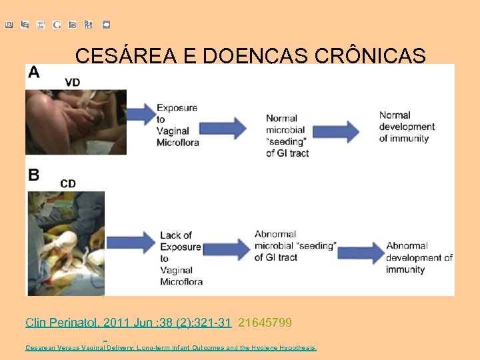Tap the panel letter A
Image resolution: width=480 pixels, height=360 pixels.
pos(33,73)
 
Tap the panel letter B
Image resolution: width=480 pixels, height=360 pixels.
pos(33,175)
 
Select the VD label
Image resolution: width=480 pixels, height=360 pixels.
pos(73,83)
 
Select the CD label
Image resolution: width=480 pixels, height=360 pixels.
pos(68,183)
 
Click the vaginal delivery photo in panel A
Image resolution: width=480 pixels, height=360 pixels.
pos(75,123)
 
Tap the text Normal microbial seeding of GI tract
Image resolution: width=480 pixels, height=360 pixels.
pos(287,135)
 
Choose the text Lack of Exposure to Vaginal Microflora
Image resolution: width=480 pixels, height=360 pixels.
pos(181,259)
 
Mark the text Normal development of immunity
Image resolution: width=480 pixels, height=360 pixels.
pos(407,127)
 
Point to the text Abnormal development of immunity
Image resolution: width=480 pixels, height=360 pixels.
pos(419,258)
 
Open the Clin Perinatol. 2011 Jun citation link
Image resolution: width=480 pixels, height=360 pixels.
pos(128,323)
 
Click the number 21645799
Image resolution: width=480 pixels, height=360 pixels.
pos(265,323)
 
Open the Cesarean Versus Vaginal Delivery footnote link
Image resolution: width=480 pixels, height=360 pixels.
pos(171,347)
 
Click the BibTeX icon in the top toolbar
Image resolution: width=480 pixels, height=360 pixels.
pos(89,25)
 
